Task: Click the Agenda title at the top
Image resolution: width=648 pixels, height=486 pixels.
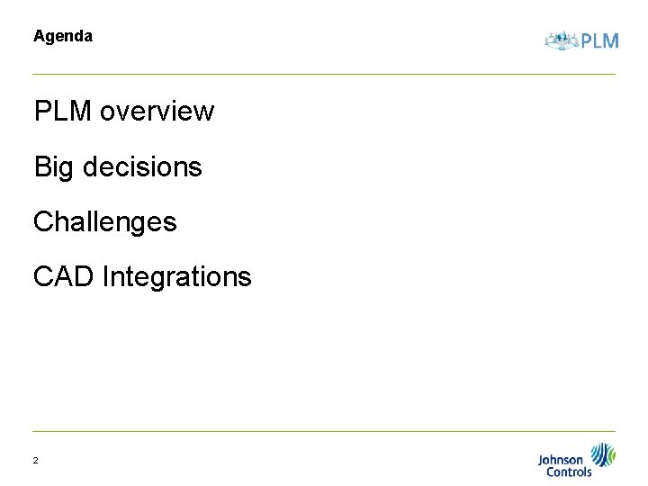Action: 62,37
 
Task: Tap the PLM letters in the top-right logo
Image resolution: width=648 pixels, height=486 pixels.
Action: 600,40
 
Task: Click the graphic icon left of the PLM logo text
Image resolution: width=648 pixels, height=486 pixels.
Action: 562,40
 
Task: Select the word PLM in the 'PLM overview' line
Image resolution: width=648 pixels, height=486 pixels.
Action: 62,112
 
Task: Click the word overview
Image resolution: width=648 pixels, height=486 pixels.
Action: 157,112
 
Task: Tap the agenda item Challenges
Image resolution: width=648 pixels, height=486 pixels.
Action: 104,221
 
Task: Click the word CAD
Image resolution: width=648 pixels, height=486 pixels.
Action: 63,276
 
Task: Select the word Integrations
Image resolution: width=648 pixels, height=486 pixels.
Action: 176,277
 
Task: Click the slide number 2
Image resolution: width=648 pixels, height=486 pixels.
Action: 35,461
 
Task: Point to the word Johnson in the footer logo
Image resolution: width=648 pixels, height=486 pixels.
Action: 560,460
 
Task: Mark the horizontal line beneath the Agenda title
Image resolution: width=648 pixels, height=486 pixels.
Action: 324,74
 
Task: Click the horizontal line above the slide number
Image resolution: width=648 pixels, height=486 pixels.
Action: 324,431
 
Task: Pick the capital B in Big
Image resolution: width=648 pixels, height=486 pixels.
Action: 42,166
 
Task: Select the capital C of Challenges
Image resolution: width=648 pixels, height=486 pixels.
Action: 43,221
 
